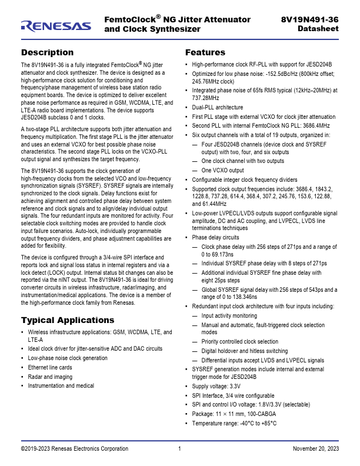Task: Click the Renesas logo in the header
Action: [x=56, y=25]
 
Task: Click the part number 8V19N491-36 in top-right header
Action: [x=310, y=20]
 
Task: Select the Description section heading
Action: [x=47, y=52]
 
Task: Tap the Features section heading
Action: [x=205, y=52]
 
